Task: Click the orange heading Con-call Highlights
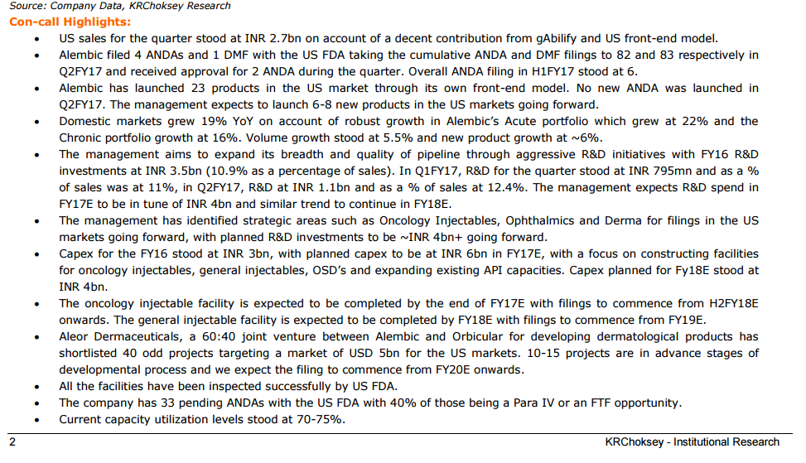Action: (x=70, y=22)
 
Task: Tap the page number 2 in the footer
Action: (x=12, y=442)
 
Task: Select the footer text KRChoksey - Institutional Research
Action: (x=693, y=442)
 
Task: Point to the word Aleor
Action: (x=76, y=336)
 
